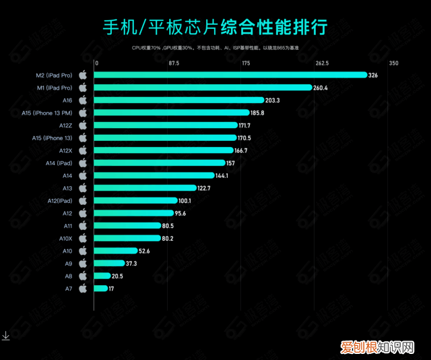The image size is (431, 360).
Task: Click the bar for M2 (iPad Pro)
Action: pos(231,75)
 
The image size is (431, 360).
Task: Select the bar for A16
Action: pos(180,100)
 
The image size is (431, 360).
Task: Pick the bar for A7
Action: pos(101,289)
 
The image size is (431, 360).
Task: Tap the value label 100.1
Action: pos(185,201)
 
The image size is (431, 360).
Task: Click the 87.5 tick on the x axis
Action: pos(173,63)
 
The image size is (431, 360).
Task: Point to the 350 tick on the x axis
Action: pos(394,63)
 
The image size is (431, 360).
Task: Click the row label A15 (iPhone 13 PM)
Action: pos(46,113)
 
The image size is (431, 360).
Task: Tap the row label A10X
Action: pos(63,239)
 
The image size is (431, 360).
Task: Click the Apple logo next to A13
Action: pos(83,188)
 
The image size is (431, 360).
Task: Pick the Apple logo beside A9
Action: pos(83,264)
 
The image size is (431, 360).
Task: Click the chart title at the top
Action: pos(215,28)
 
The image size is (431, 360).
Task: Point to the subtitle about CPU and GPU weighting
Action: pos(215,48)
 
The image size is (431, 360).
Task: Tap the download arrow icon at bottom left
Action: pos(5,335)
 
